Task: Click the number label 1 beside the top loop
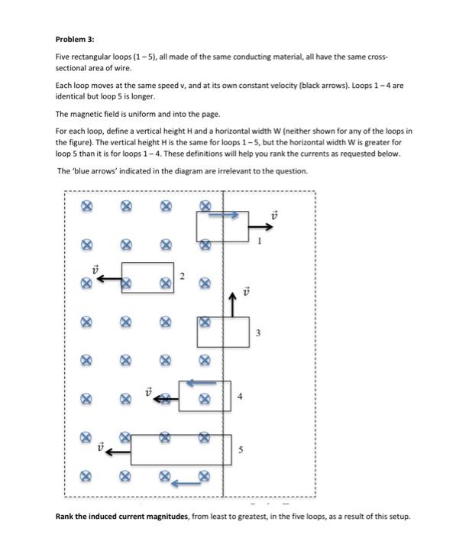[x=259, y=242]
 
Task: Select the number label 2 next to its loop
[x=182, y=276]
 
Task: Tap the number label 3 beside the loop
[x=258, y=332]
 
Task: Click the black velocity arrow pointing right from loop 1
[x=262, y=225]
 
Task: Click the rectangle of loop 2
[x=147, y=276]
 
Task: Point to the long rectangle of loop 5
[x=181, y=449]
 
